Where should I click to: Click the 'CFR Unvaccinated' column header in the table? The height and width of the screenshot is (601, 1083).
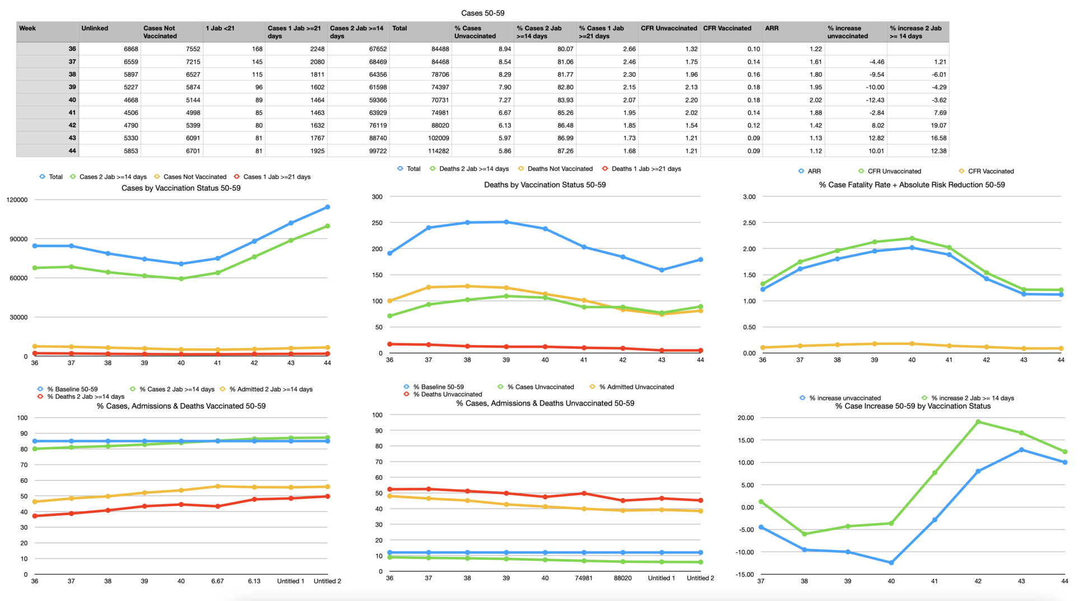[668, 29]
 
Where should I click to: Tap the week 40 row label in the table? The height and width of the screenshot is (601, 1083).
[72, 100]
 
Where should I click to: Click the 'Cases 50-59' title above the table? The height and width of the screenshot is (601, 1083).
[482, 13]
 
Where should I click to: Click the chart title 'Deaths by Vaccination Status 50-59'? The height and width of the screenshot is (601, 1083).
[545, 185]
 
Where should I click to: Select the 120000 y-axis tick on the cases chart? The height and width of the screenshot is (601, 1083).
[17, 200]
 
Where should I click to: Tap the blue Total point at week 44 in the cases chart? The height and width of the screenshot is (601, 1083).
[327, 207]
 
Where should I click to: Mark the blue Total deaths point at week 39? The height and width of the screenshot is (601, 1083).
[506, 222]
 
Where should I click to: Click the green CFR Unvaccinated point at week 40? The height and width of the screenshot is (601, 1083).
[912, 239]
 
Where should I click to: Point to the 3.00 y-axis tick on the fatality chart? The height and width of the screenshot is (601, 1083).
[749, 197]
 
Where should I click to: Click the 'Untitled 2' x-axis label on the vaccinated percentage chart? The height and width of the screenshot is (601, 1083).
[327, 581]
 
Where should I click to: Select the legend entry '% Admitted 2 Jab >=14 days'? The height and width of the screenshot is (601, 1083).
[271, 389]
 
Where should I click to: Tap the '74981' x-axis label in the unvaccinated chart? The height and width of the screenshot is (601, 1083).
[583, 578]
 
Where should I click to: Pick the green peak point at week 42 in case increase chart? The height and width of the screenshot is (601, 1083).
[978, 422]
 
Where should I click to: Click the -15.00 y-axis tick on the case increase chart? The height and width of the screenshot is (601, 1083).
[746, 575]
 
